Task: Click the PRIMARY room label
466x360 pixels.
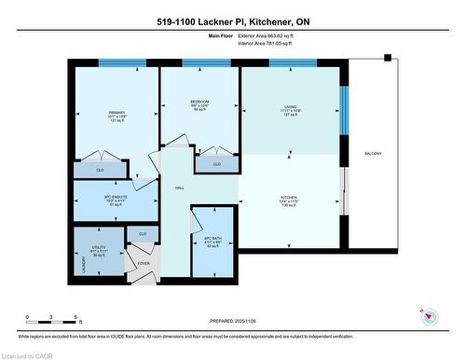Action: (116, 112)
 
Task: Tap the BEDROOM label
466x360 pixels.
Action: (199, 102)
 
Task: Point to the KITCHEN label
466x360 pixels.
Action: (290, 197)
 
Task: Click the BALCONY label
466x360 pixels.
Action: (374, 153)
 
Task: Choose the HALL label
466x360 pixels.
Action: (179, 187)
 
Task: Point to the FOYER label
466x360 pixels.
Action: (144, 262)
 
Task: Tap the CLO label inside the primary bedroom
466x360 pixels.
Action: (101, 170)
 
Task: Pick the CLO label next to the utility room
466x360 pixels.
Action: (142, 233)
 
